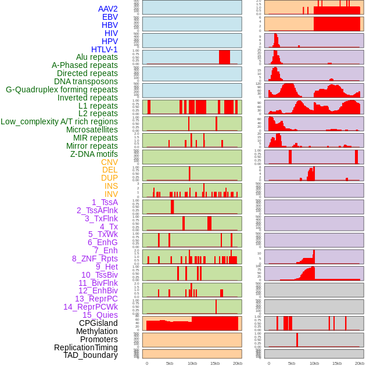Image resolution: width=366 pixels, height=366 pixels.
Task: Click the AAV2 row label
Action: (x=107, y=9)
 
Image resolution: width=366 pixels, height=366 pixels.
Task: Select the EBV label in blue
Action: (x=110, y=17)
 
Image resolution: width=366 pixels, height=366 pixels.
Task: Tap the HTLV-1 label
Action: (x=104, y=49)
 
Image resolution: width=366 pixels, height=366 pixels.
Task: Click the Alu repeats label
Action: (x=97, y=57)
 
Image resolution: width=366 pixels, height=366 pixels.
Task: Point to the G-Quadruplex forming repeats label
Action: (x=62, y=89)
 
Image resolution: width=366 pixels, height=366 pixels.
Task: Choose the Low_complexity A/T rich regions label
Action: (x=59, y=121)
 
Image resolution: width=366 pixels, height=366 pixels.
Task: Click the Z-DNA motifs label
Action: (x=94, y=154)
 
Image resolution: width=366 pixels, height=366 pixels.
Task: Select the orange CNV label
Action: (x=109, y=162)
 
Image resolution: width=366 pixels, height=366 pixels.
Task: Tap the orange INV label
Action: (x=111, y=194)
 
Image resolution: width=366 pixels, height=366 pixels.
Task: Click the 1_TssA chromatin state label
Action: (x=105, y=202)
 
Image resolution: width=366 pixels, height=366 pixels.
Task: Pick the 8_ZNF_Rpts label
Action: (x=95, y=259)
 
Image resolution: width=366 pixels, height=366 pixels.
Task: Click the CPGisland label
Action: (x=98, y=323)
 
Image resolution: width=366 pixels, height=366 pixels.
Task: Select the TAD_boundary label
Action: (x=90, y=355)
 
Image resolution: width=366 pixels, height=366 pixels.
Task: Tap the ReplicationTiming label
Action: (x=85, y=347)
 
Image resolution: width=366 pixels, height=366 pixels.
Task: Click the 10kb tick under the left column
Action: (x=192, y=363)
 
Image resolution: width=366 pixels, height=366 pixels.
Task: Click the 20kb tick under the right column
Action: (x=360, y=363)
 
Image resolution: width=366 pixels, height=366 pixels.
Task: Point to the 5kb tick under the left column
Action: (x=170, y=363)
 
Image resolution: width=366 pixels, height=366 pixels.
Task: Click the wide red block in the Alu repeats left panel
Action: (x=224, y=57)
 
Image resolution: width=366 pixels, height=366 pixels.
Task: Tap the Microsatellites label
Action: (x=92, y=130)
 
